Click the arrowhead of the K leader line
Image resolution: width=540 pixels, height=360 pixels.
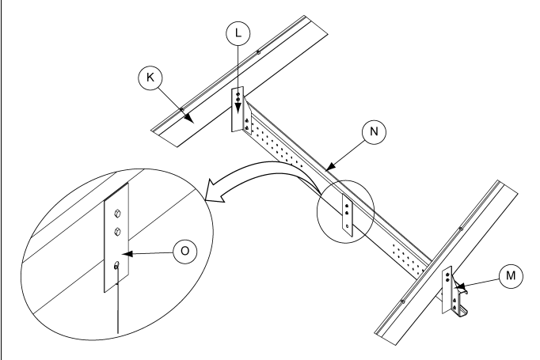pos(188,119)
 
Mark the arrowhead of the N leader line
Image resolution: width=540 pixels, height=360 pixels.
pos(330,167)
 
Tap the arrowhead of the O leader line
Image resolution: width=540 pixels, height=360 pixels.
pos(127,254)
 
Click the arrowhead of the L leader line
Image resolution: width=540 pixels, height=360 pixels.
pos(238,109)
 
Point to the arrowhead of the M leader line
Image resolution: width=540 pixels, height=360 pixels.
pos(460,286)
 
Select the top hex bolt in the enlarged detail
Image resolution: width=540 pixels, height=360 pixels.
pos(117,214)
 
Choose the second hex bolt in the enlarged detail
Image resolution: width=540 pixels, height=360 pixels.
pos(117,232)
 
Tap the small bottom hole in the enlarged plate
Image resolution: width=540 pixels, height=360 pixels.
pos(116,265)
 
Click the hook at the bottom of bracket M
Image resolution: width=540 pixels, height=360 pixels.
pos(462,313)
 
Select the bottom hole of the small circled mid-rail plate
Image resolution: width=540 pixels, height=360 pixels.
pos(347,226)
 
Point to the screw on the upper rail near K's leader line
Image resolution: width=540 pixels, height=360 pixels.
pos(182,109)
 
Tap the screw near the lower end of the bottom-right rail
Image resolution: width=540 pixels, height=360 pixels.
pos(402,301)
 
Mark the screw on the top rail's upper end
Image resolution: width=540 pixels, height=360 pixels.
pos(258,52)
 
